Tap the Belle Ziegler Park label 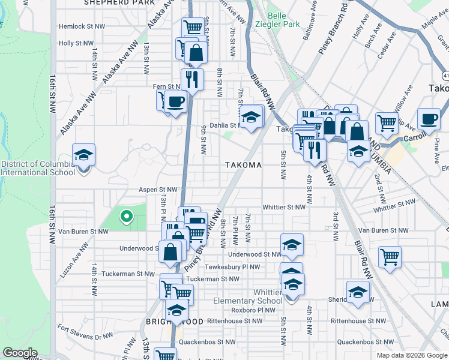click(x=283, y=20)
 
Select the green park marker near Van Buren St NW click(x=127, y=216)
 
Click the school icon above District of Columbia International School click(x=84, y=155)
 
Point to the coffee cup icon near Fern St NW click(x=175, y=102)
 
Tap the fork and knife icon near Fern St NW click(x=192, y=79)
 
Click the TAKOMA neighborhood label click(x=243, y=165)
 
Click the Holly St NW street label click(x=76, y=43)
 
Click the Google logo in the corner click(x=19, y=353)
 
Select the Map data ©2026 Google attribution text click(x=411, y=355)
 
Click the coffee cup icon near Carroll click(x=429, y=119)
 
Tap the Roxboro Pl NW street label click(x=253, y=310)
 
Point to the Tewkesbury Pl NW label click(x=232, y=267)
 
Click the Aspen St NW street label click(x=158, y=190)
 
